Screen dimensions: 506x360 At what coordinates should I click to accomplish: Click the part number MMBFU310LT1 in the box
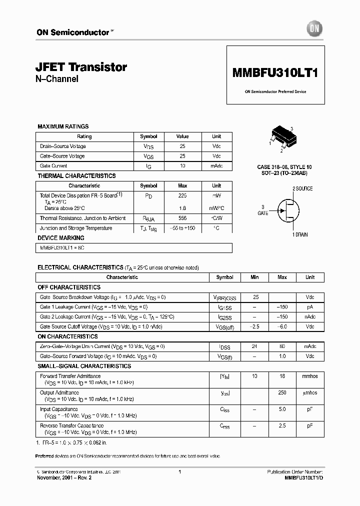tap(275, 72)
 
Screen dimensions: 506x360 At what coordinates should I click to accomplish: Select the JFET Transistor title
tap(82, 67)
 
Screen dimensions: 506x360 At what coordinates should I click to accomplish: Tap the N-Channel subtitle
tap(57, 79)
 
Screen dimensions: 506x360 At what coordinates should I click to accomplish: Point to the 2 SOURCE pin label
tap(302, 188)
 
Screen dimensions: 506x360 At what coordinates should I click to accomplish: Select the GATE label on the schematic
tap(263, 213)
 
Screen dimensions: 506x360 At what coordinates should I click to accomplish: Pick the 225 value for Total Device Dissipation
tap(182, 196)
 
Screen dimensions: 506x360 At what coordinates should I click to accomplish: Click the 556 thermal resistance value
tap(182, 218)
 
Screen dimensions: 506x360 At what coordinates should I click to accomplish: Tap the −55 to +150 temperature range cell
tap(182, 228)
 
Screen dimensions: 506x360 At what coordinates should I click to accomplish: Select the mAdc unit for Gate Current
tap(216, 166)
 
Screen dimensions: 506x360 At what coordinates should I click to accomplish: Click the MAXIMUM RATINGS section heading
tap(63, 126)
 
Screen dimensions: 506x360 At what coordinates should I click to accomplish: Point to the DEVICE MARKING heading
tap(61, 238)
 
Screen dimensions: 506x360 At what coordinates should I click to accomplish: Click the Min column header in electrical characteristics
tap(254, 277)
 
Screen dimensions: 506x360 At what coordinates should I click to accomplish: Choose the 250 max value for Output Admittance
tap(282, 392)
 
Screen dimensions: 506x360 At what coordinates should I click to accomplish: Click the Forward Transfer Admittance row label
tap(70, 376)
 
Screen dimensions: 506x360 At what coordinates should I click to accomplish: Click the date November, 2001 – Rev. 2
tap(64, 478)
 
